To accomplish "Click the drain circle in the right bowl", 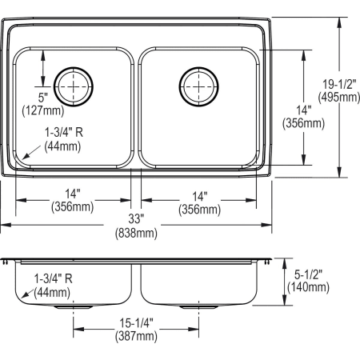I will (198, 82).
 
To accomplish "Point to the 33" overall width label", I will (135, 218).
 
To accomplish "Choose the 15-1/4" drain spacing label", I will (135, 323).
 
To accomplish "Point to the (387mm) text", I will (135, 337).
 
